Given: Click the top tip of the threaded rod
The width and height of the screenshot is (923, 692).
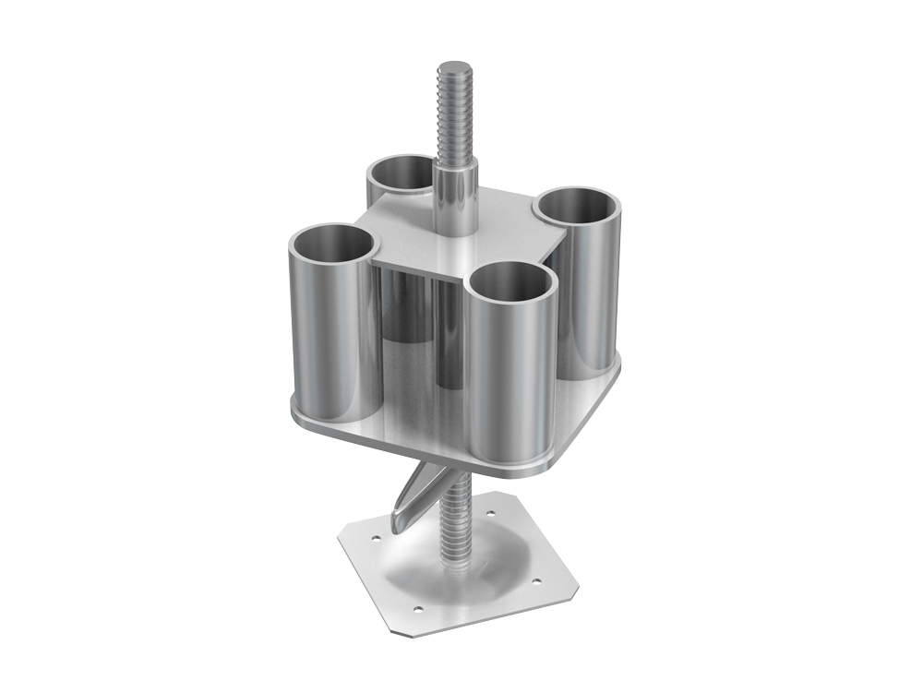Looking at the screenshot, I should (x=453, y=67).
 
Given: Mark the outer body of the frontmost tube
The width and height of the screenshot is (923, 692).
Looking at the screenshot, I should (x=512, y=378).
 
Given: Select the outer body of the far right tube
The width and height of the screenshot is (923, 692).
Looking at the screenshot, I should (x=591, y=295).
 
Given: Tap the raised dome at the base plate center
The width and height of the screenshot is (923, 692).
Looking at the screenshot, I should (x=461, y=572).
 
